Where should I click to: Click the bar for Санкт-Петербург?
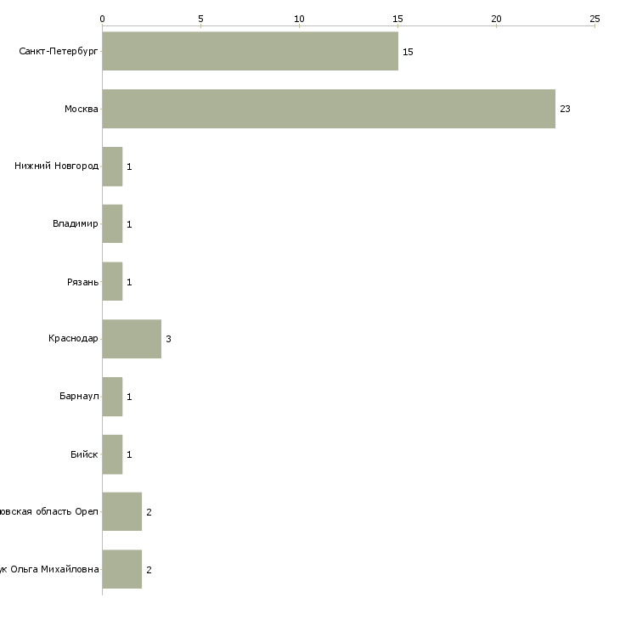[x=250, y=51]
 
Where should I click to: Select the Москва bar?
[x=329, y=109]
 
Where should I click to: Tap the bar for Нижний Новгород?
[x=112, y=166]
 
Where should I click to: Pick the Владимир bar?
[x=112, y=224]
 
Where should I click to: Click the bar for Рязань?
[x=112, y=282]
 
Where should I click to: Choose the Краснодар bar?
[x=132, y=339]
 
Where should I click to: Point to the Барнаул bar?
[x=112, y=397]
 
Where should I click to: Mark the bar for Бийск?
[x=112, y=454]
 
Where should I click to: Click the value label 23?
[x=565, y=110]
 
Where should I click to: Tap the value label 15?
[x=408, y=52]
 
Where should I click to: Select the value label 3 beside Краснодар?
[x=168, y=340]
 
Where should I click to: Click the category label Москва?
[x=82, y=110]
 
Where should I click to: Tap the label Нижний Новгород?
[x=56, y=166]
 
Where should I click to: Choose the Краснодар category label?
[x=73, y=340]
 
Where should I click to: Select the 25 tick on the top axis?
[x=595, y=18]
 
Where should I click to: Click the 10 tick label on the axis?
[x=299, y=18]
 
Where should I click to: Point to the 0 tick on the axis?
[x=102, y=18]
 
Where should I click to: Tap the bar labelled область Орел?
[x=121, y=512]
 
